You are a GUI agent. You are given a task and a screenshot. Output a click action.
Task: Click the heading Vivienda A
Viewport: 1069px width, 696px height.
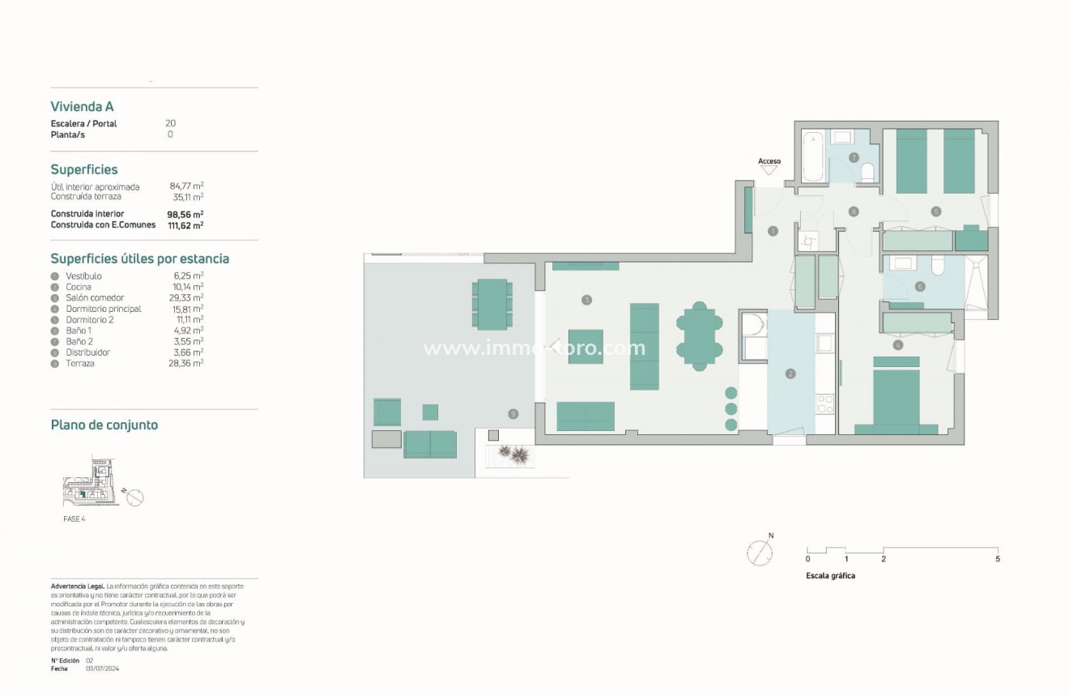82,106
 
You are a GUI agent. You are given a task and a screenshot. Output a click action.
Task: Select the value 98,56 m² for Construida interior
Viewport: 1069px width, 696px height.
186,214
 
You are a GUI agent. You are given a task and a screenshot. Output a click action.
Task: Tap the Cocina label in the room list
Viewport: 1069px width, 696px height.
79,287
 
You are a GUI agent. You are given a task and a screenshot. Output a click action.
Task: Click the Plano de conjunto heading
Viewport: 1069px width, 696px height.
104,425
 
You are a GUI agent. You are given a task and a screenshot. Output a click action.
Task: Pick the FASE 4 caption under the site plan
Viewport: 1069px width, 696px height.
74,519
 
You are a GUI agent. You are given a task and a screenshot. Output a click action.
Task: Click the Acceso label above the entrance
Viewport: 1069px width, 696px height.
769,161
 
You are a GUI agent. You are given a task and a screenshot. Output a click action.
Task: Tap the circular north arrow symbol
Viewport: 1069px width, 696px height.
760,553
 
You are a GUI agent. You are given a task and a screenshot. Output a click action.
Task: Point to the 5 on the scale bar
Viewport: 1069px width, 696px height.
998,559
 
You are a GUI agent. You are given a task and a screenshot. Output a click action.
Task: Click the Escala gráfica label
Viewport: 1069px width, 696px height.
830,576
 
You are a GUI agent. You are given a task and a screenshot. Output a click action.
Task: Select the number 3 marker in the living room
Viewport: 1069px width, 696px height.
586,300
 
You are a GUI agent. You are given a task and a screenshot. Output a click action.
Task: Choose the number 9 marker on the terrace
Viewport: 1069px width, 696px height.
513,414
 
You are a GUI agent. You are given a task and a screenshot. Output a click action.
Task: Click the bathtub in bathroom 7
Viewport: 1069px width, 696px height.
812,158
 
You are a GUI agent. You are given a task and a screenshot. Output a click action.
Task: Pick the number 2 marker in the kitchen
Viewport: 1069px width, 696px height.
790,374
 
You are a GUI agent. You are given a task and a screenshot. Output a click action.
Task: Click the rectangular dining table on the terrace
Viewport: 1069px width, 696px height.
492,304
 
